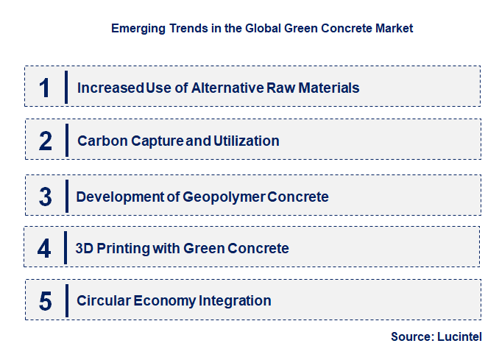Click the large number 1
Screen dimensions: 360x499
[45, 88]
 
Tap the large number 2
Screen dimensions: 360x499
[46, 141]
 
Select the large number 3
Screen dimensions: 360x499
[46, 197]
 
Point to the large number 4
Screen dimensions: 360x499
[45, 248]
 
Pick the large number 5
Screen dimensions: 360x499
[46, 301]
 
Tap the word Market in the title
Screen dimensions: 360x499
[394, 29]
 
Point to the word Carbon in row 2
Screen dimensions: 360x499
[99, 141]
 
